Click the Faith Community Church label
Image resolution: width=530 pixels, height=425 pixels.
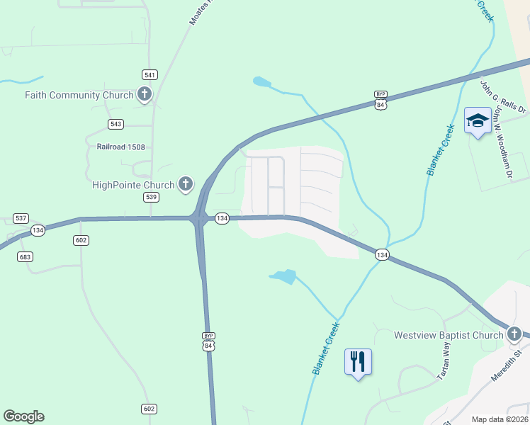coord(79,95)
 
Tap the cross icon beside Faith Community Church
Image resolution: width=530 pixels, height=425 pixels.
coord(145,93)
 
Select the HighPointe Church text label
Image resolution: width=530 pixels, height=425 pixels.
coord(133,185)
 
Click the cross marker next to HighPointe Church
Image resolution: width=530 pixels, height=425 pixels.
coord(186,184)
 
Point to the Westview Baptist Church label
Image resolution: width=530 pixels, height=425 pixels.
coord(448,335)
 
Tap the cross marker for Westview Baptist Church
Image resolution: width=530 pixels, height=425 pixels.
coord(514,334)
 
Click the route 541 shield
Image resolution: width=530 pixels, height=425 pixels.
coord(150,74)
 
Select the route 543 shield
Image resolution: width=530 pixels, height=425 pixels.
coord(116,124)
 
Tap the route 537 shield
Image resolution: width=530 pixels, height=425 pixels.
coord(21,218)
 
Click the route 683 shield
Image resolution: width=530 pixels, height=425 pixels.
coord(26,256)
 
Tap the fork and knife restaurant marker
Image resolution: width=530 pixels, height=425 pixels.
coord(358,361)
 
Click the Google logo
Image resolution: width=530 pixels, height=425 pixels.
coord(23,416)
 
